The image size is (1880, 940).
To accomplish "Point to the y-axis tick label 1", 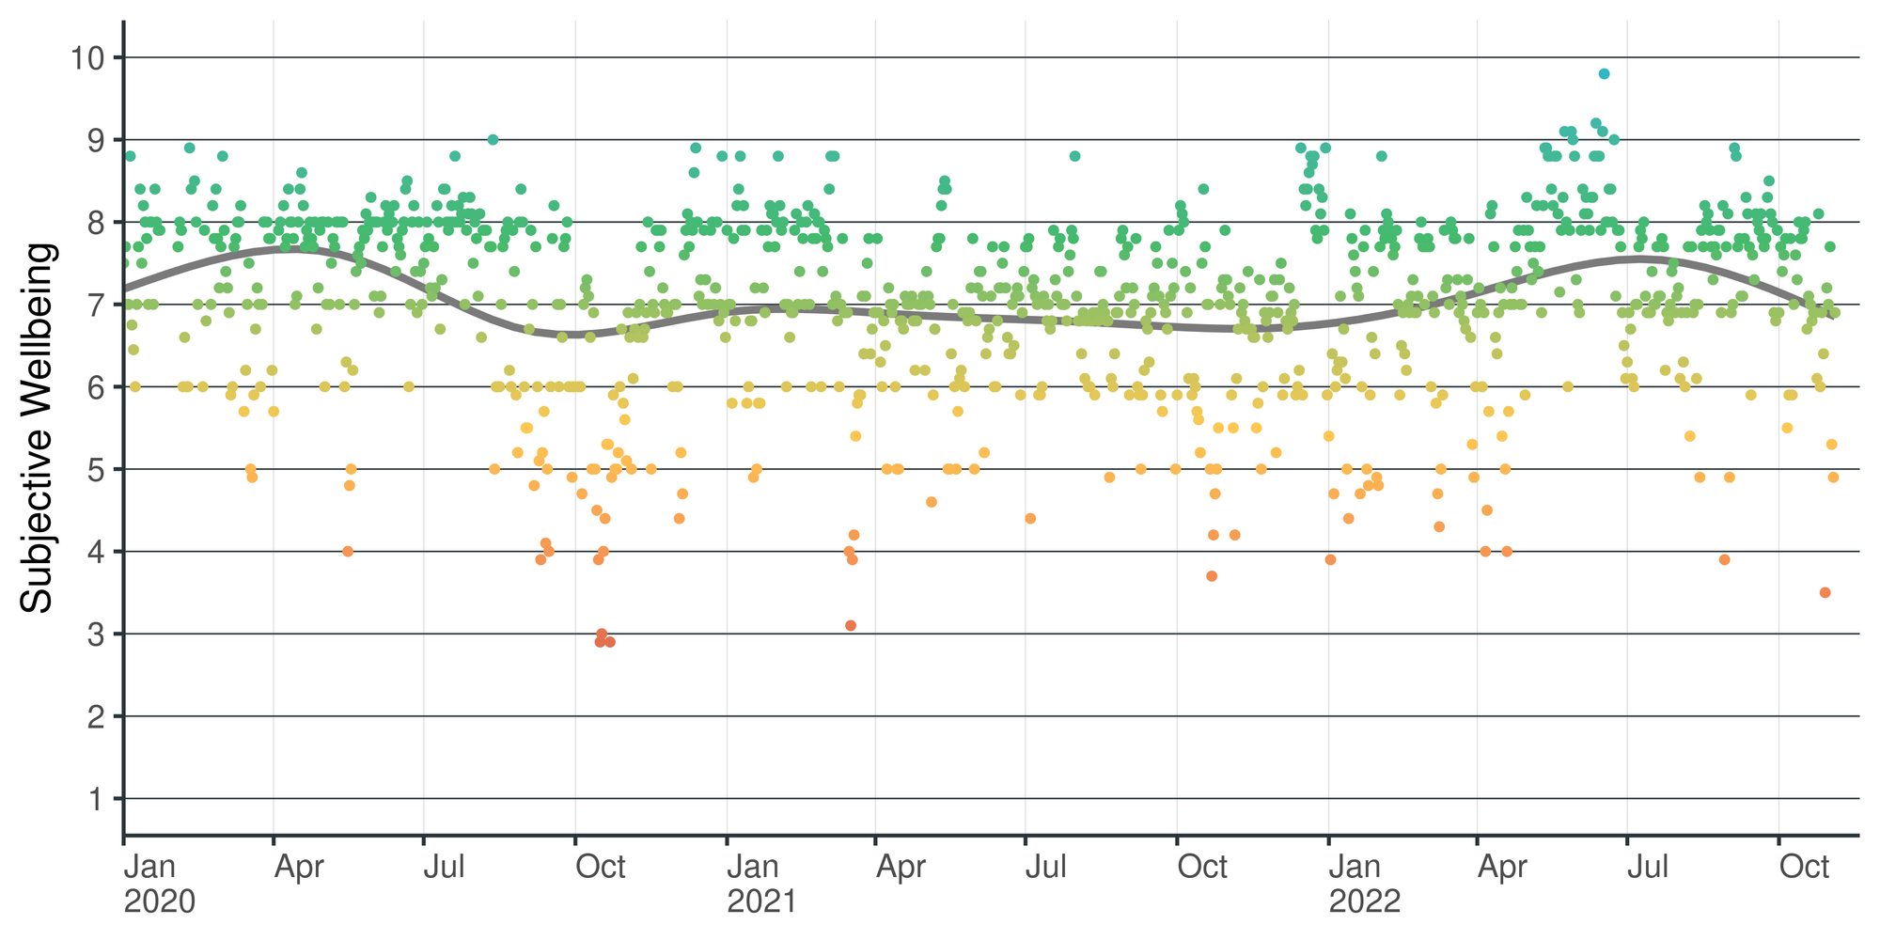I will pos(93,800).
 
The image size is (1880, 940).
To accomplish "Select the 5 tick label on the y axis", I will pos(93,470).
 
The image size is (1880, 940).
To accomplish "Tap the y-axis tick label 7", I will pos(93,305).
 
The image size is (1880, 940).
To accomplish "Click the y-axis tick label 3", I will pos(93,634).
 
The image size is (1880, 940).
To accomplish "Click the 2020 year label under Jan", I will pos(160,901).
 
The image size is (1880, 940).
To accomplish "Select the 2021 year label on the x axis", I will pos(761,901).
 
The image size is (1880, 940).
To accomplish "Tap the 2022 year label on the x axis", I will pos(1364,901).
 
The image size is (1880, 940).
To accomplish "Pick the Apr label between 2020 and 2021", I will pos(298,867).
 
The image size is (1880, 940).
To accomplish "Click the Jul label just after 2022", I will pos(1648,867).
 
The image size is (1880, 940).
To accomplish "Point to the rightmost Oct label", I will pos(1805,867).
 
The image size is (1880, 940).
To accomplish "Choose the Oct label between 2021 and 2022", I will pos(1202,867).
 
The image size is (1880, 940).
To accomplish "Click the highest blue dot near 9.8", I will pos(1604,73).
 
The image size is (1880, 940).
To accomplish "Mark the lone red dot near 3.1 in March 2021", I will pos(851,625).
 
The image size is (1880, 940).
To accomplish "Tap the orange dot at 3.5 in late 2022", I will pos(1825,592).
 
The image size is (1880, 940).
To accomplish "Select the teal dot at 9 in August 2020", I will pos(493,139).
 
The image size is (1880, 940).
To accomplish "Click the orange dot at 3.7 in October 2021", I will pos(1212,576).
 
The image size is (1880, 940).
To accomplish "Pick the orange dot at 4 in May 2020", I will pos(348,552).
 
